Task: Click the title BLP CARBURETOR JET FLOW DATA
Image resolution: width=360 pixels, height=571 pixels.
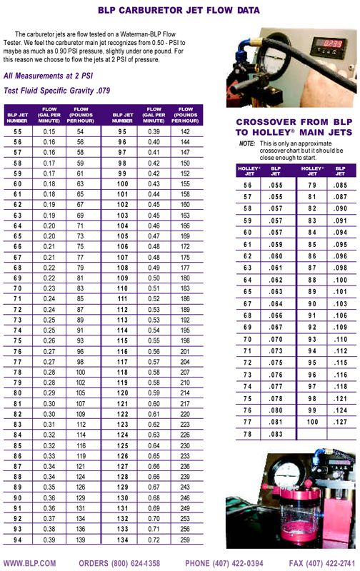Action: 179,10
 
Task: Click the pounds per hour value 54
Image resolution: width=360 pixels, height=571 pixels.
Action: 80,132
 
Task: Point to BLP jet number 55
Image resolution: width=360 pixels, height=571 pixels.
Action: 18,132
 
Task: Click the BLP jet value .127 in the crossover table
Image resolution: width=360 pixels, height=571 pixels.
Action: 338,422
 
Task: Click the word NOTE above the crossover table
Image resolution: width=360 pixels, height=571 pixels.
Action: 247,144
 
